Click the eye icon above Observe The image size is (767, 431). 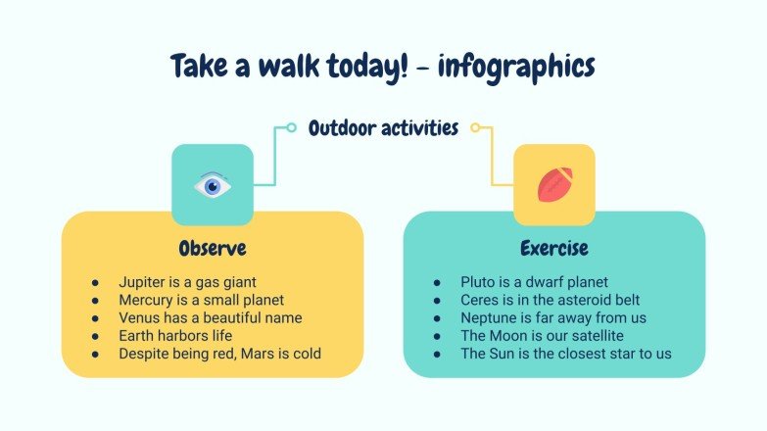click(212, 185)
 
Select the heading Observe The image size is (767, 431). click(212, 247)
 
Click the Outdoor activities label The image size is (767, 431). click(383, 127)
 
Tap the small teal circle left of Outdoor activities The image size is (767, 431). click(291, 127)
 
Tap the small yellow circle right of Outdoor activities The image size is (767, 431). click(475, 127)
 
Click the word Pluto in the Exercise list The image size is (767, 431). click(479, 281)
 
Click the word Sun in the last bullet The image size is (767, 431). click(504, 353)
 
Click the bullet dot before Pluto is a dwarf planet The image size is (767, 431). click(437, 282)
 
